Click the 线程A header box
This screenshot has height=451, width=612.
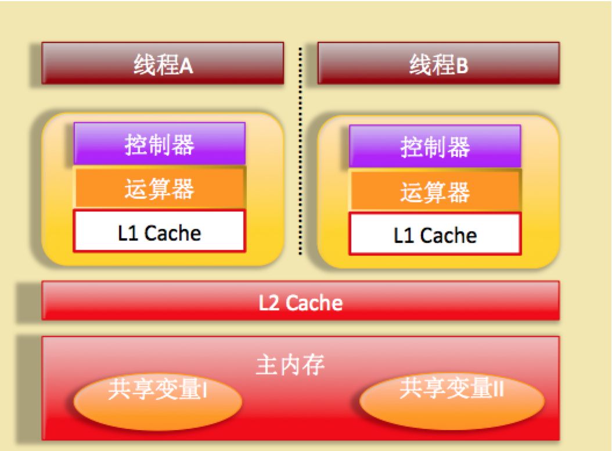click(x=163, y=63)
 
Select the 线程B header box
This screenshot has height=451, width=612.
click(x=438, y=63)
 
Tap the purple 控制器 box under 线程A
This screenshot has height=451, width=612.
click(x=159, y=144)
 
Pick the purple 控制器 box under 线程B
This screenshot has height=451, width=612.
click(x=435, y=146)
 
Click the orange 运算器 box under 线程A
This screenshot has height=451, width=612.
click(x=159, y=188)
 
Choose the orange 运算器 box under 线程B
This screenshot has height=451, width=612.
click(x=435, y=191)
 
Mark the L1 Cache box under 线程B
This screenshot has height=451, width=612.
click(x=435, y=234)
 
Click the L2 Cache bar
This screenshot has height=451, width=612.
click(x=300, y=301)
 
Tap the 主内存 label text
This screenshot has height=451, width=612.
click(x=290, y=366)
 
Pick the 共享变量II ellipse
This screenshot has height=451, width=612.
click(x=452, y=400)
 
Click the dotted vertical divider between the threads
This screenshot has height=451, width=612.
click(x=300, y=151)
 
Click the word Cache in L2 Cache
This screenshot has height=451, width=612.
click(x=314, y=302)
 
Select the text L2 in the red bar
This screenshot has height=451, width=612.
click(x=269, y=302)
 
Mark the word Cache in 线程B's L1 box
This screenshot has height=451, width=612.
click(x=448, y=236)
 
